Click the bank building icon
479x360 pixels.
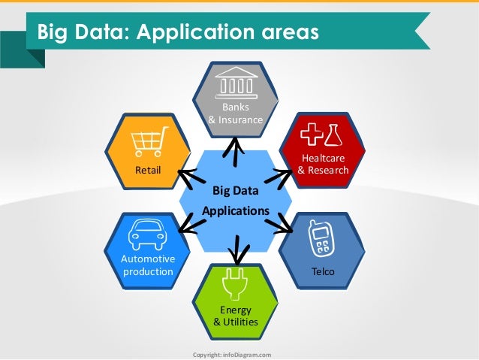coord(235,81)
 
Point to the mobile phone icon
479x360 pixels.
coord(321,240)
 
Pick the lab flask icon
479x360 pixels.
coord(333,135)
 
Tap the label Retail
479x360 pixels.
coord(148,171)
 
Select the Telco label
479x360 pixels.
coord(323,271)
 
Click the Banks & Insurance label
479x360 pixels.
coord(235,113)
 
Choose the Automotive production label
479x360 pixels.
coord(148,265)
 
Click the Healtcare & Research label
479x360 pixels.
coord(323,164)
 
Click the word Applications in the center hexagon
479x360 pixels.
coord(235,211)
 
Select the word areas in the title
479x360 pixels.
coord(284,32)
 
